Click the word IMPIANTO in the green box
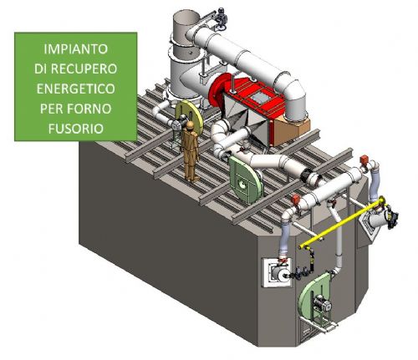[x=76, y=49]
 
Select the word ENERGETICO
[x=76, y=89]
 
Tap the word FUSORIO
[x=76, y=129]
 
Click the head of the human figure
[x=190, y=125]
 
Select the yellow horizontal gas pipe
[x=342, y=222]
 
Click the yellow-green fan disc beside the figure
[x=190, y=116]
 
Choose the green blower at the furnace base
[x=315, y=299]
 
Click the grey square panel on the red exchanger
[x=259, y=98]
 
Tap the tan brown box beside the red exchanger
[x=291, y=131]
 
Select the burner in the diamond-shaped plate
[x=379, y=219]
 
